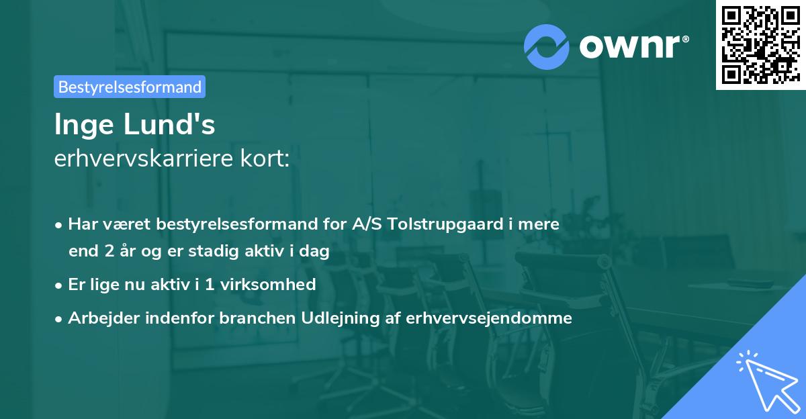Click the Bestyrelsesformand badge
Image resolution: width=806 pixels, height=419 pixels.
[130, 87]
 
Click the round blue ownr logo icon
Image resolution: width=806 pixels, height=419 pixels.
[547, 47]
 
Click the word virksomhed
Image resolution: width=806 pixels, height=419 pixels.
[275, 284]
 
